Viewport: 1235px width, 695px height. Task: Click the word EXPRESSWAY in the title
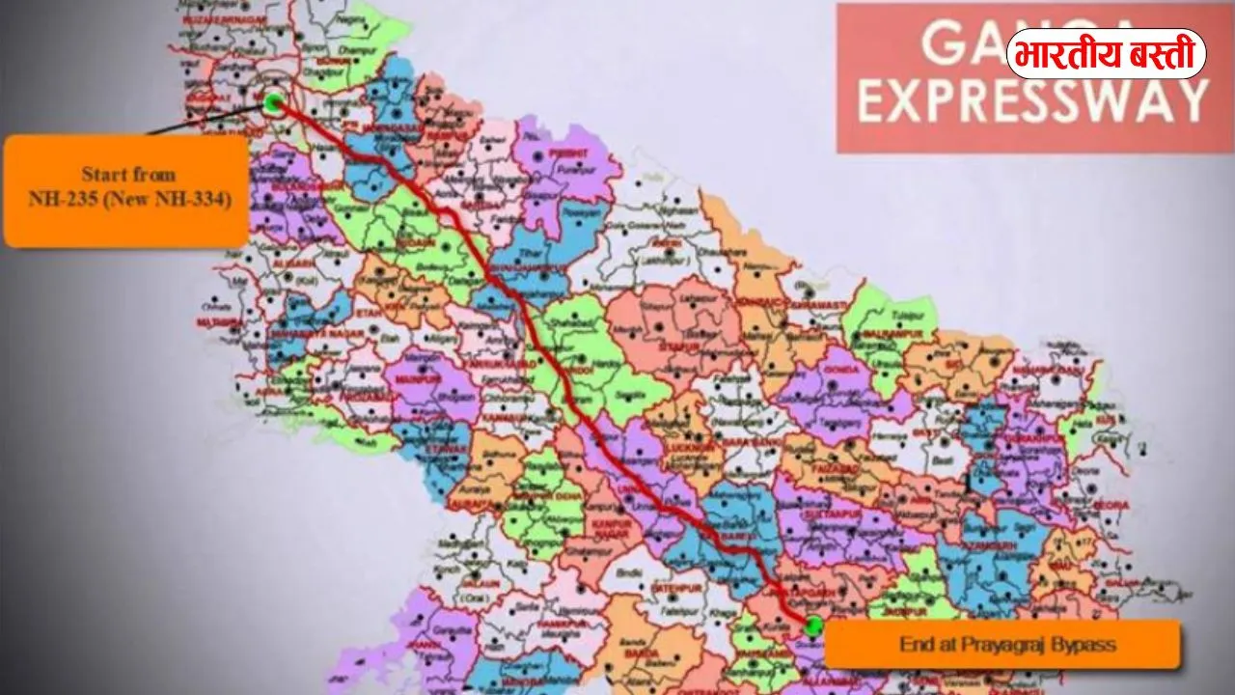1032,100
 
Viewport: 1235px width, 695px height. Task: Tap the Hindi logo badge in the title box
1106,53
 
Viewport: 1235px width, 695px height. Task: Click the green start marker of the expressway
274,102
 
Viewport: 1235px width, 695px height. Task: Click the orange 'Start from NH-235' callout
126,189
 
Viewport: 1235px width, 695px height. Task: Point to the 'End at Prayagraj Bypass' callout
1002,643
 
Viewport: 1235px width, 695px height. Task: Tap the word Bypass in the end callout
1078,643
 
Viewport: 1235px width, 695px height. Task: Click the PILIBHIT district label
569,153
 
